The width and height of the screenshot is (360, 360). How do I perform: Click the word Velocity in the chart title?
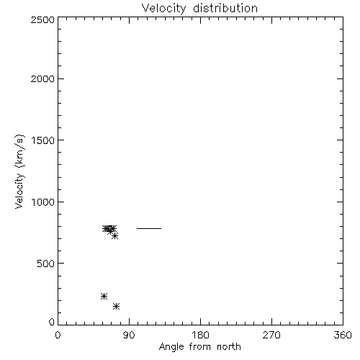tap(164, 9)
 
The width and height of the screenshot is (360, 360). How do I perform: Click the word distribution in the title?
tap(225, 8)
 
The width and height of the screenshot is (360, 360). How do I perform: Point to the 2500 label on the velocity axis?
tap(42, 19)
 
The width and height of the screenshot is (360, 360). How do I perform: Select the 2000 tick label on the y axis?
tap(42, 78)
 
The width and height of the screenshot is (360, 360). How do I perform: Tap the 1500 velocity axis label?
tap(43, 140)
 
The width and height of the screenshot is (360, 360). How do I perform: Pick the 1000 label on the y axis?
tap(43, 202)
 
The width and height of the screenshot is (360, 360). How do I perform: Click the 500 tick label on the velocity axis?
tap(46, 264)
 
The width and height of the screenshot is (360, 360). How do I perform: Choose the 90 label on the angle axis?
tap(129, 335)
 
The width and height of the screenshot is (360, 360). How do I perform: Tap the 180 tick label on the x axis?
tap(200, 335)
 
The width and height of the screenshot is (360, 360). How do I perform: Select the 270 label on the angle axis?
tap(271, 335)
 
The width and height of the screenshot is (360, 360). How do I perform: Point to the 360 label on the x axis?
tap(343, 335)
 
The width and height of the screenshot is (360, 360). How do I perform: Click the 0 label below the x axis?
tap(58, 335)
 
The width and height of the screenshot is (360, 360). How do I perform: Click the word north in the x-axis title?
tap(229, 347)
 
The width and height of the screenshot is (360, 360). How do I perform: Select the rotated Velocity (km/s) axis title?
tap(19, 171)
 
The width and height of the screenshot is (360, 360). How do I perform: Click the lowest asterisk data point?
tap(116, 306)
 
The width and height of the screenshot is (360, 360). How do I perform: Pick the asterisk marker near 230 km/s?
tap(104, 296)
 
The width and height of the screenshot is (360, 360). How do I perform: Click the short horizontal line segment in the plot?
tap(149, 228)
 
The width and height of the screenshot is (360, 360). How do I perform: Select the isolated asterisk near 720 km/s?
tap(114, 236)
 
